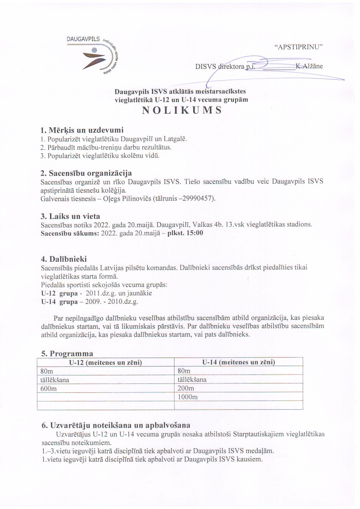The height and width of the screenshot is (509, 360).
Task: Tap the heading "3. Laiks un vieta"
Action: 69,217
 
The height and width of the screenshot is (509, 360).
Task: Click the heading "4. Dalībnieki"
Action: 65,259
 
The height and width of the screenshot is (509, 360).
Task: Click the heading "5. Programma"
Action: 67,353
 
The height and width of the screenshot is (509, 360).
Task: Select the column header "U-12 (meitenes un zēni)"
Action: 105,362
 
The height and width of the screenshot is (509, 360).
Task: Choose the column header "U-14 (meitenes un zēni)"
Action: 239,362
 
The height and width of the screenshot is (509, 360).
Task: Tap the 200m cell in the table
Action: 185,388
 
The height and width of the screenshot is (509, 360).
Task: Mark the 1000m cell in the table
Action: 187,397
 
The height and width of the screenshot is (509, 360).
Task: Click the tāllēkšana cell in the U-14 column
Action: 192,380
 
